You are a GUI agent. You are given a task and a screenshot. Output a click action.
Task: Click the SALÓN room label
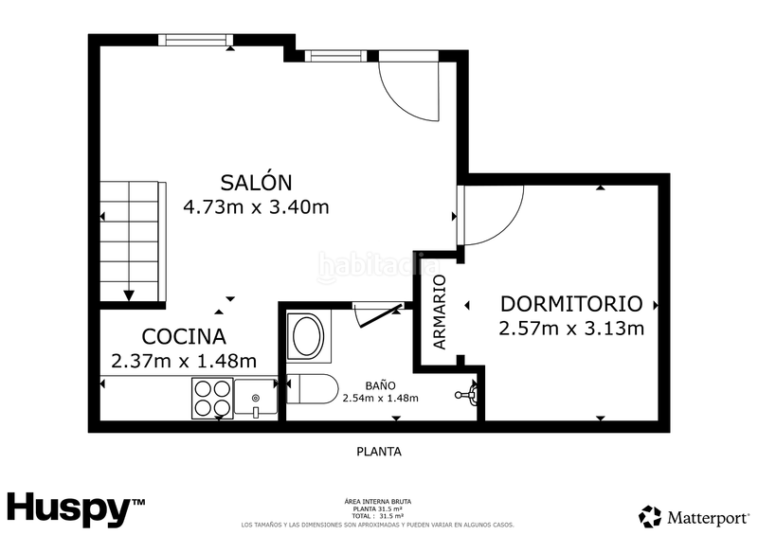pyautogui.click(x=256, y=182)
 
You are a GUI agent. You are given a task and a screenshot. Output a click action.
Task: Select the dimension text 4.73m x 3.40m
pyautogui.click(x=256, y=206)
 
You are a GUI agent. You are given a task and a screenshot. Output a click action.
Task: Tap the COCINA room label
pyautogui.click(x=184, y=336)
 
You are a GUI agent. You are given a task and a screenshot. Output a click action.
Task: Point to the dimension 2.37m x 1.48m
pyautogui.click(x=184, y=361)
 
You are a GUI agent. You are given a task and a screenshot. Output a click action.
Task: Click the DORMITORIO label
pyautogui.click(x=571, y=304)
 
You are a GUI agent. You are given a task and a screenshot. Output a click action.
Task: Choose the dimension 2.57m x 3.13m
pyautogui.click(x=571, y=329)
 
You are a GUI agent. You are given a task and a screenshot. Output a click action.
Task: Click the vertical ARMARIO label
pyautogui.click(x=440, y=312)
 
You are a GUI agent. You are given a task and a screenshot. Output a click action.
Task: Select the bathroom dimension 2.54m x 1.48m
pyautogui.click(x=380, y=398)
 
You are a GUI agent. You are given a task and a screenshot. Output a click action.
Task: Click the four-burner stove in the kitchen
pyautogui.click(x=212, y=398)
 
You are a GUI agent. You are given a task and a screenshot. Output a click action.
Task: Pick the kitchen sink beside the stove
pyautogui.click(x=255, y=397)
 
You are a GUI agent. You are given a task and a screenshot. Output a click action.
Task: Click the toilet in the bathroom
pyautogui.click(x=310, y=389)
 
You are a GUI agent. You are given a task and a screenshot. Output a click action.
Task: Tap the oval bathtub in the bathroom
pyautogui.click(x=305, y=335)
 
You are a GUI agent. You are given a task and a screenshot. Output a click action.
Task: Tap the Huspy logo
pyautogui.click(x=76, y=508)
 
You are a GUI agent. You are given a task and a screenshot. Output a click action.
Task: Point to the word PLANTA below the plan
pyautogui.click(x=378, y=452)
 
